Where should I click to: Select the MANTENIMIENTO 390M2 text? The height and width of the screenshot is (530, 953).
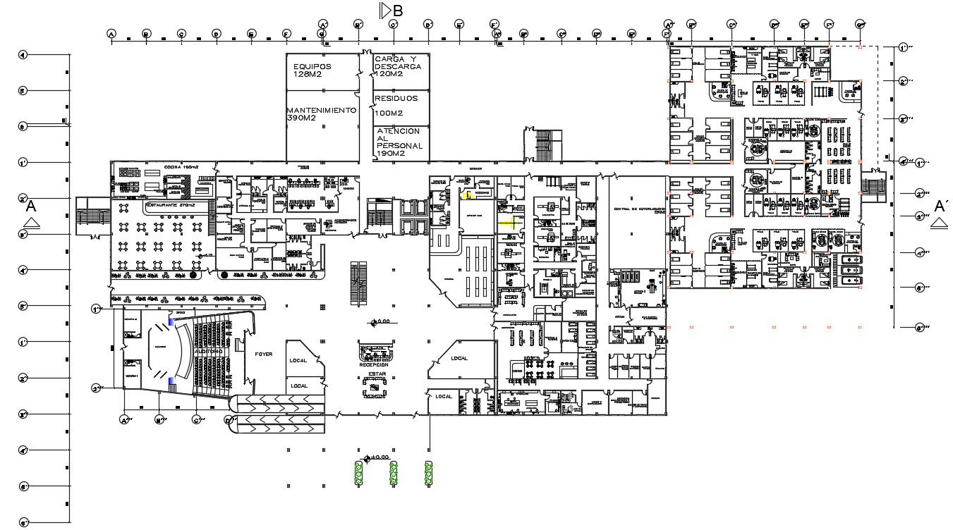pos(321,114)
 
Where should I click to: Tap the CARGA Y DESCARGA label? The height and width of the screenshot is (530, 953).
pos(399,66)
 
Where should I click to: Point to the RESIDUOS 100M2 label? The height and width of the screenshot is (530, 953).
pos(396,105)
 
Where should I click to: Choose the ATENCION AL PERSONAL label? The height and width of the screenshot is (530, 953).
pos(399,142)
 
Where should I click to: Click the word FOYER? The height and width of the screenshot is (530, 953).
pos(264,355)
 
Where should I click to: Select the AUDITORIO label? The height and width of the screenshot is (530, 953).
pos(209,351)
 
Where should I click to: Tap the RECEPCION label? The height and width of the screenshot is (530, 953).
pos(373,365)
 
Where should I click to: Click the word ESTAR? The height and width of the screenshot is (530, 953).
pos(377,374)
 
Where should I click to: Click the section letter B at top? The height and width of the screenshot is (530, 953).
pos(398,11)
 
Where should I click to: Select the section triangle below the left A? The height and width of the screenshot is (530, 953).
pos(32,223)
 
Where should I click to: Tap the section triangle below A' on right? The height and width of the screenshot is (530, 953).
pos(939,223)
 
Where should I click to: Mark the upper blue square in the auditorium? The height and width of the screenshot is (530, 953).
pos(171,321)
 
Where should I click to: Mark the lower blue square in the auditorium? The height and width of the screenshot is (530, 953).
pos(171,381)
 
